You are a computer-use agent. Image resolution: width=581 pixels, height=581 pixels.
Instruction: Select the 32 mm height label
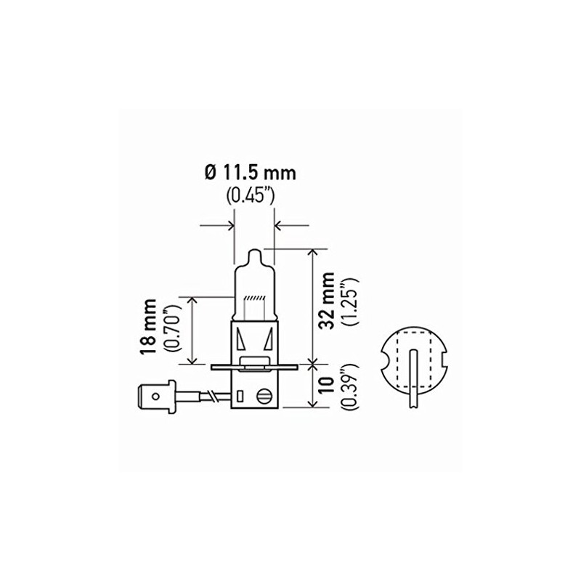coord(328,301)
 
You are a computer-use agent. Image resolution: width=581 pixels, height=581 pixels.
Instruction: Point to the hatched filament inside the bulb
coord(254,300)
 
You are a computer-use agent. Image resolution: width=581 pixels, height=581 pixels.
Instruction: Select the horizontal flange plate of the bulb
coord(254,368)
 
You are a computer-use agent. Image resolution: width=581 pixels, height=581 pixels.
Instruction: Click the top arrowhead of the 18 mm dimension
coord(192,300)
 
